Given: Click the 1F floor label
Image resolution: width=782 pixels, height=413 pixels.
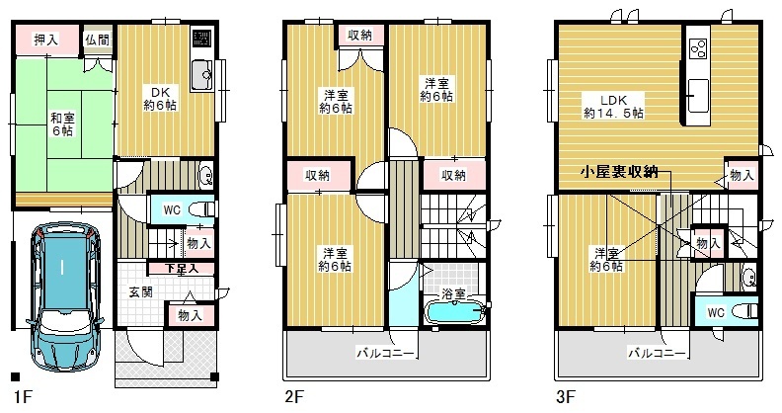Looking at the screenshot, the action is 23,397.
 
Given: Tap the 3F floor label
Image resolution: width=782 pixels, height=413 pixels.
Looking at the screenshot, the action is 565,397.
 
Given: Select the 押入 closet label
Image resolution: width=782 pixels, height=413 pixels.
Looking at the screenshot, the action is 45,40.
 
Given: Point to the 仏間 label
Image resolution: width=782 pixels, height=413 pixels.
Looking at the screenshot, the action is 97,40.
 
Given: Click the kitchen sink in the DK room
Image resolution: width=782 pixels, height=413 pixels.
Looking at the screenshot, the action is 202,75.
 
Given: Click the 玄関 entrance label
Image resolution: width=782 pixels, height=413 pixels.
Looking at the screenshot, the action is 140,292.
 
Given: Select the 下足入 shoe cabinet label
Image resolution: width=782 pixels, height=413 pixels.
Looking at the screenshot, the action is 182,269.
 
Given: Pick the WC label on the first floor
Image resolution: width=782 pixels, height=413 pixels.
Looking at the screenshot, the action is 172,210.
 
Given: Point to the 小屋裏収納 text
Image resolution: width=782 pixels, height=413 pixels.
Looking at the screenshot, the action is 619,172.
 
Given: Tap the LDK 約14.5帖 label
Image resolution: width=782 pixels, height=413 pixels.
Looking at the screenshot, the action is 613,107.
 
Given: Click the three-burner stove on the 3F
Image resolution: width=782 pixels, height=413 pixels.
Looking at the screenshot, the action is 698,48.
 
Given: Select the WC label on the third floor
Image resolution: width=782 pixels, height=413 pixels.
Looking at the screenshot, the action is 716,313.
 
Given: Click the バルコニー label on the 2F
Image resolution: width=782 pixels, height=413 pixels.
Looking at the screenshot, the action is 385,354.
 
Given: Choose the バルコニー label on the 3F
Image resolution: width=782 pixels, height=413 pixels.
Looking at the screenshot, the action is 657,354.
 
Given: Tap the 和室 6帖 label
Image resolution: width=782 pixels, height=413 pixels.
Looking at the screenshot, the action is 62,124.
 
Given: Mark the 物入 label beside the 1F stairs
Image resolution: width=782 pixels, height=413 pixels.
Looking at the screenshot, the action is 198,243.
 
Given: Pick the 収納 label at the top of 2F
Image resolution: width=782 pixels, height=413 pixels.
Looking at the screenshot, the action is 359,35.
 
